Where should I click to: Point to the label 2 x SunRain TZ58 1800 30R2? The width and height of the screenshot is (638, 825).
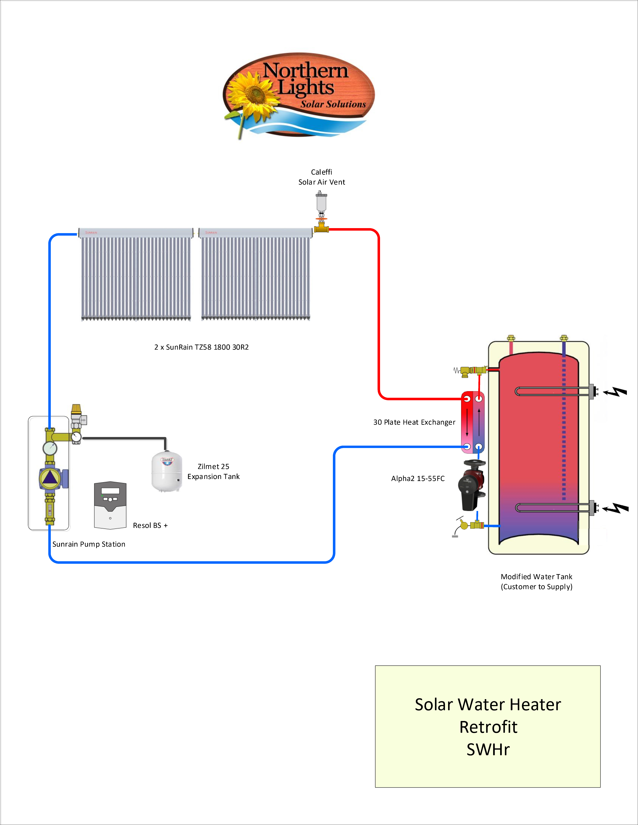[x=201, y=347]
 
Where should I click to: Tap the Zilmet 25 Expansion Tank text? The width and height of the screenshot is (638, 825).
[x=214, y=471]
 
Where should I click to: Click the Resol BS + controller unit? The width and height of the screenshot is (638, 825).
[x=110, y=505]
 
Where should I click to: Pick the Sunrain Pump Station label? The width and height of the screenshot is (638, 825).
[x=89, y=544]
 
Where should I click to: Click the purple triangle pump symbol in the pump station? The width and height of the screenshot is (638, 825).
[x=50, y=478]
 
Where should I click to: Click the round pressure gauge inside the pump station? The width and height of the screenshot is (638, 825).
[x=50, y=448]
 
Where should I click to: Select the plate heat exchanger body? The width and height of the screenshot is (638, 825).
[x=473, y=422]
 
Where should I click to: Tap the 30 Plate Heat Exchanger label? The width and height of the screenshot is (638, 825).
[x=414, y=422]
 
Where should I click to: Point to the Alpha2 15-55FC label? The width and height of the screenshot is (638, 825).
[x=418, y=479]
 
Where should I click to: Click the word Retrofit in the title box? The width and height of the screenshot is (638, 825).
[x=488, y=727]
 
